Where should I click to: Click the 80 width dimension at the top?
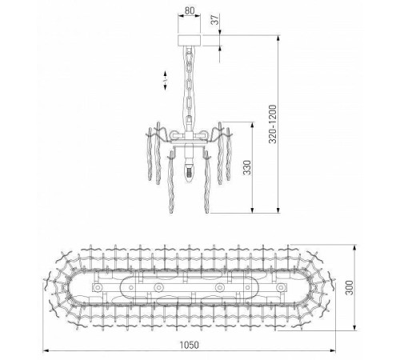[x=189, y=11]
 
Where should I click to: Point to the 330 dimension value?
[x=248, y=167]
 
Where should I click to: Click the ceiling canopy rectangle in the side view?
[x=189, y=40]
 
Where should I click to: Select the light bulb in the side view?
[x=190, y=169]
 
